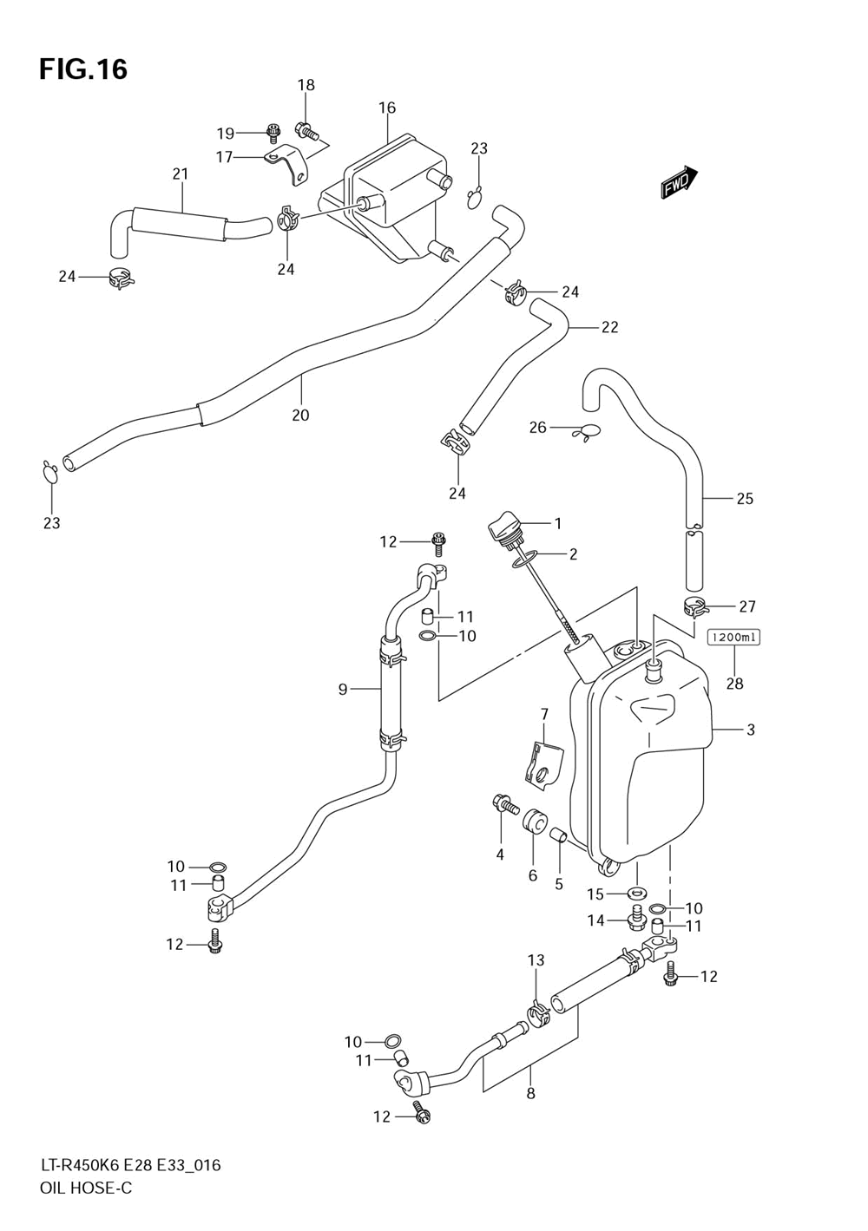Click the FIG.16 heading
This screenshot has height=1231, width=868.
[x=83, y=69]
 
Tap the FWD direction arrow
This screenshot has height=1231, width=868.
[x=680, y=182]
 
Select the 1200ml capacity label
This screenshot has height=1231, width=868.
[x=733, y=638]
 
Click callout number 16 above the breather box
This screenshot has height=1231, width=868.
[x=387, y=108]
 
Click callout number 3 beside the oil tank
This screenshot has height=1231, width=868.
[x=750, y=730]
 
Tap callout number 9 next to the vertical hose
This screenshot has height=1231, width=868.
[x=343, y=689]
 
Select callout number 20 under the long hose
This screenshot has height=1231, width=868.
[x=300, y=415]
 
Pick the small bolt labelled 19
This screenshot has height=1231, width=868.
[x=272, y=131]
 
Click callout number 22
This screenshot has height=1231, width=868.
[x=609, y=328]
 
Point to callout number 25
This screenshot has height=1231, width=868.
[x=745, y=499]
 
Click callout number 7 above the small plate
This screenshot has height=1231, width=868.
[x=544, y=715]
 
